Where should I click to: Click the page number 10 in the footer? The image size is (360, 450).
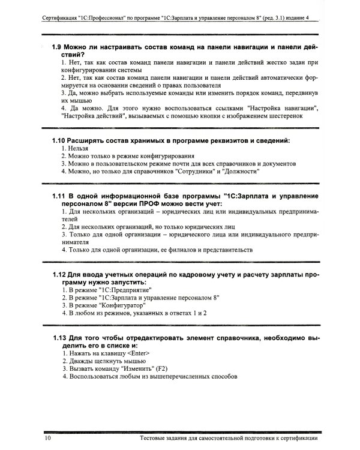[x=47, y=440]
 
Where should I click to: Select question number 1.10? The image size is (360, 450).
[x=59, y=140]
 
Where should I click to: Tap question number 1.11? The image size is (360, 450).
[x=59, y=196]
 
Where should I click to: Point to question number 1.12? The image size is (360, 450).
[x=59, y=274]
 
